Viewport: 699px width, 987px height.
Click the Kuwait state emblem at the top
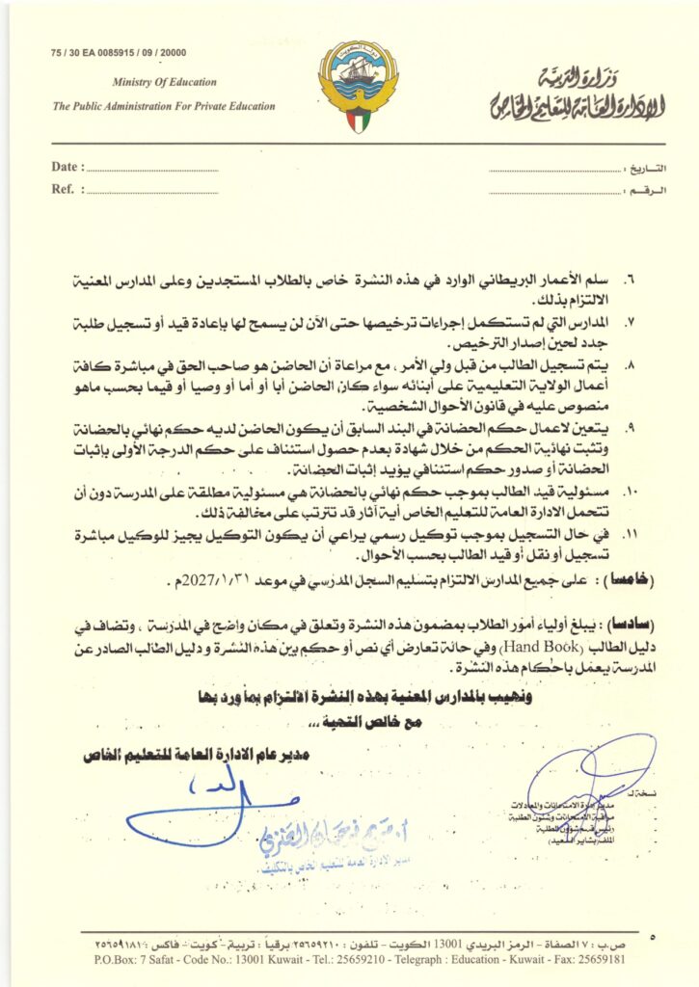[x=357, y=88]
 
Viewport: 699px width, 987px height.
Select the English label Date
[x=65, y=167]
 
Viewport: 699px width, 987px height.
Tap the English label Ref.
[x=63, y=189]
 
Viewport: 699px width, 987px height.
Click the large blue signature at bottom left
[x=207, y=805]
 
